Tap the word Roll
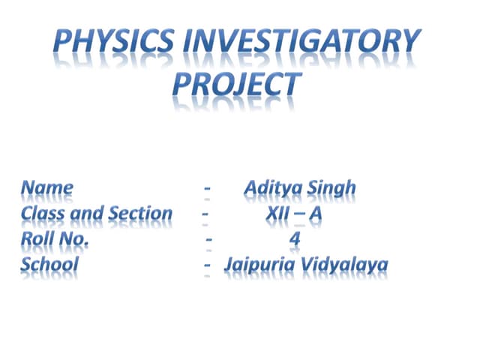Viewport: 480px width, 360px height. coord(37,239)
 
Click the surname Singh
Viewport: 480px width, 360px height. coord(331,188)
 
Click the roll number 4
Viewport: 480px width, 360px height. coord(295,239)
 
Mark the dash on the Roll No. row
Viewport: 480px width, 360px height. coord(209,240)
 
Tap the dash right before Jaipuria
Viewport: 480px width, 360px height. coord(206,265)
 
